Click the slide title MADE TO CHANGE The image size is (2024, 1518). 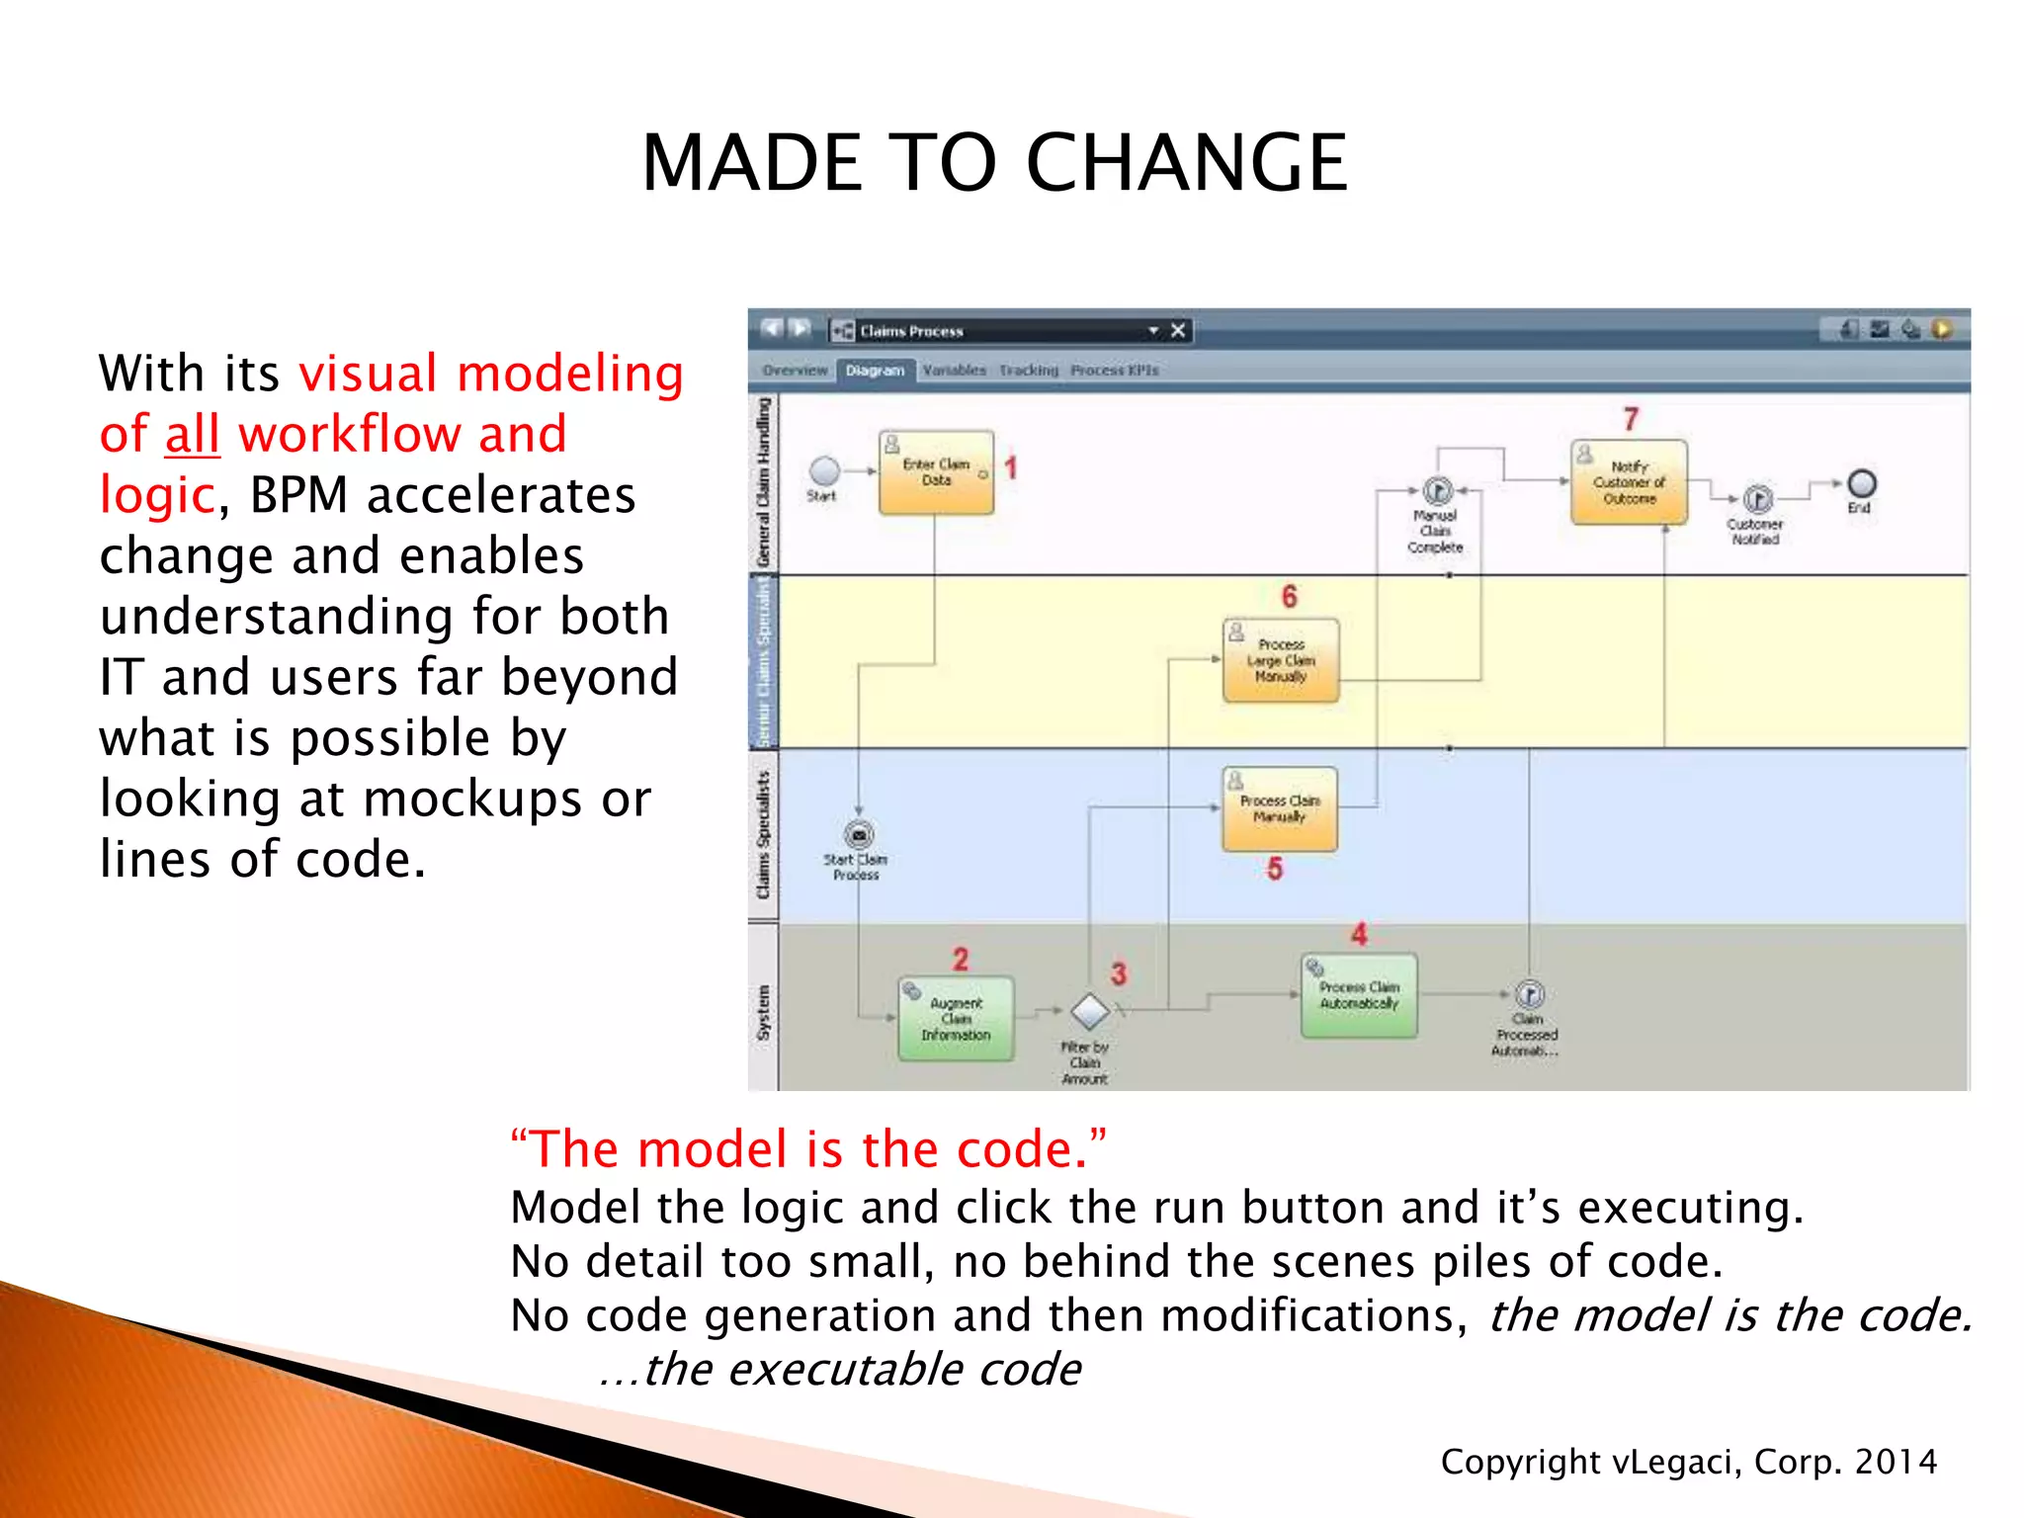click(x=994, y=163)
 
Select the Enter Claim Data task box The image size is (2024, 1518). click(x=936, y=472)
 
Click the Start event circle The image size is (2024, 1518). click(x=824, y=471)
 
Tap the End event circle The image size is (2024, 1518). click(x=1861, y=483)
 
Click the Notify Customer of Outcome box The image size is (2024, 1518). click(x=1629, y=482)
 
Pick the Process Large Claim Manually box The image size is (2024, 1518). click(x=1281, y=660)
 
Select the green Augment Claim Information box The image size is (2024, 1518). click(x=956, y=1019)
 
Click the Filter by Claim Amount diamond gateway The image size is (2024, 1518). click(x=1090, y=1011)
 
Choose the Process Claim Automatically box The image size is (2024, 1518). click(x=1359, y=995)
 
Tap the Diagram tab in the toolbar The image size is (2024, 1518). click(x=875, y=370)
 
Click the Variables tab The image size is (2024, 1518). click(x=954, y=370)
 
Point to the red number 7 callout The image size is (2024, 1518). click(x=1631, y=419)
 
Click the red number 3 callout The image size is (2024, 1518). click(x=1118, y=973)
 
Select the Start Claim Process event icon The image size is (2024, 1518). click(x=859, y=835)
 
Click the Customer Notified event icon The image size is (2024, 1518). click(x=1757, y=499)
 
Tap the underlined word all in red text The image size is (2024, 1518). click(x=192, y=435)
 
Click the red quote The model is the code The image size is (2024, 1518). click(x=808, y=1149)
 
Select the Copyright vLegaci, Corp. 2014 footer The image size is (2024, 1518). click(x=1688, y=1462)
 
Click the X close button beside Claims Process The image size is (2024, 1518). click(x=1178, y=330)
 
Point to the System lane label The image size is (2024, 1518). click(x=763, y=1012)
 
